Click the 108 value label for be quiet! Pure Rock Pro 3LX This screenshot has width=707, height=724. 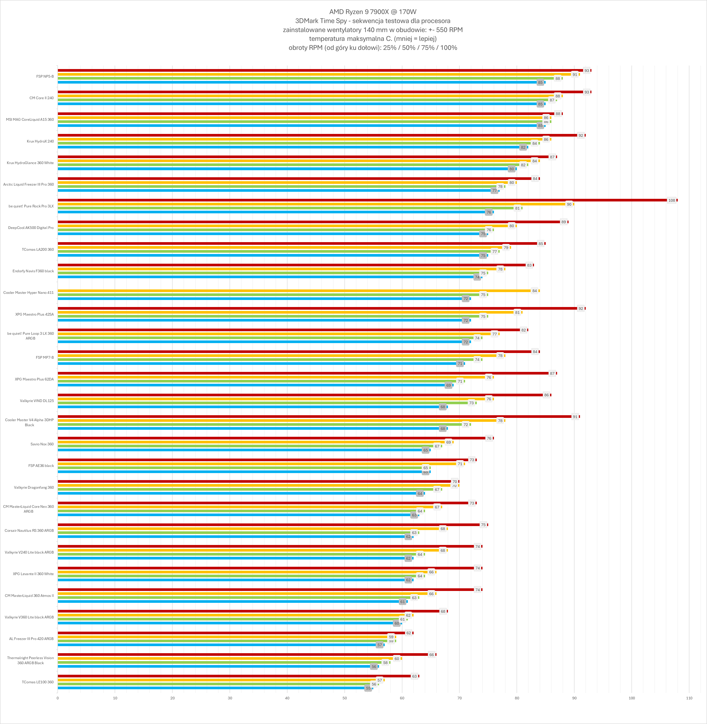(671, 200)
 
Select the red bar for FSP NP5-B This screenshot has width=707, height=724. (319, 70)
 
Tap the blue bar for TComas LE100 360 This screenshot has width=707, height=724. (212, 688)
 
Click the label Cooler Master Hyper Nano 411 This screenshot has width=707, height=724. (29, 293)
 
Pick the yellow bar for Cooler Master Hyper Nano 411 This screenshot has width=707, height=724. (293, 291)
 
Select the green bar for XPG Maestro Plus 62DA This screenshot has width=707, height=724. (256, 381)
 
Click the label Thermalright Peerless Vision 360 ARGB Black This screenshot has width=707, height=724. (30, 660)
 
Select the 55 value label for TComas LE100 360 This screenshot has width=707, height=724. (368, 688)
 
